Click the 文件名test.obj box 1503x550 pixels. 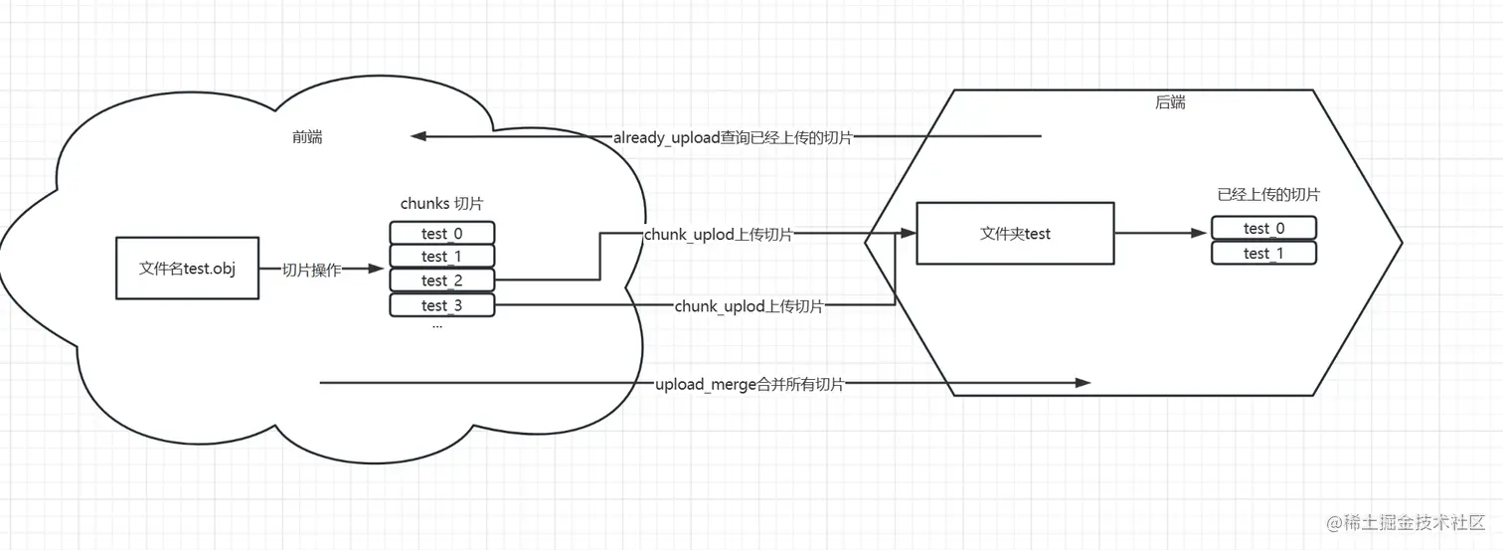point(187,269)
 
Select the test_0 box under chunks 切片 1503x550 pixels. point(441,234)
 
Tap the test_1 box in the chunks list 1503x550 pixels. point(441,258)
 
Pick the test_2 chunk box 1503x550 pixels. point(441,281)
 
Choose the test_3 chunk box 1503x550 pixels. point(441,305)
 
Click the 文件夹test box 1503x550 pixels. point(1015,234)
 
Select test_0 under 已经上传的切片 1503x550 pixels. point(1263,229)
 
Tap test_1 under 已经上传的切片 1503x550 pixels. point(1263,254)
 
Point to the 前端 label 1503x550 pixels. point(307,137)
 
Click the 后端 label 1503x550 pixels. point(1170,102)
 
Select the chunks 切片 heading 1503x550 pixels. point(441,203)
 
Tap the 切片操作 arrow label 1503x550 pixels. point(312,270)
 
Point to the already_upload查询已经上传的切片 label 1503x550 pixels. point(733,137)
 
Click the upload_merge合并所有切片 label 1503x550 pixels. point(750,384)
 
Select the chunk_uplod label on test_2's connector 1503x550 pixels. point(719,235)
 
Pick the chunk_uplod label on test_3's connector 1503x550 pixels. point(750,306)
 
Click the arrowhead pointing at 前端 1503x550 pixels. point(419,136)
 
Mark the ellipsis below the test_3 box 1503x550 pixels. point(437,325)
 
